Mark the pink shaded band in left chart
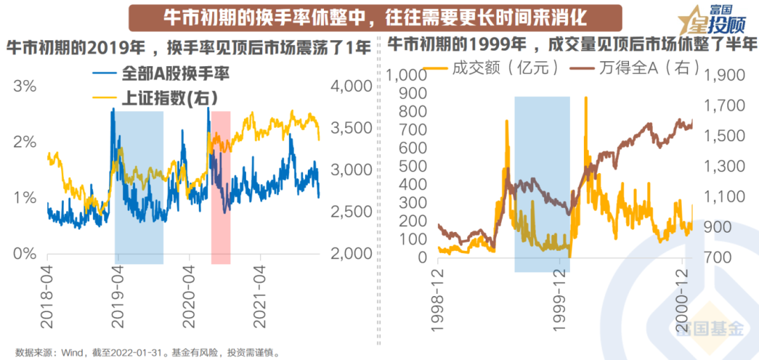tap(221, 187)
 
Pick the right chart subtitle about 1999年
tap(573, 44)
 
